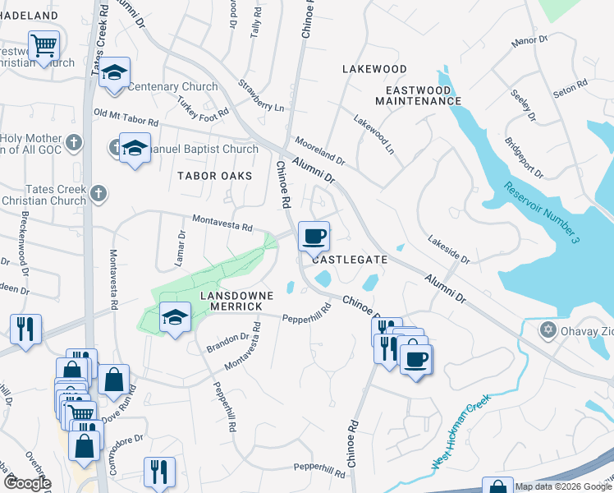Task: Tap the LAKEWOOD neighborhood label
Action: point(374,69)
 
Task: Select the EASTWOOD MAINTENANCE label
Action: point(418,95)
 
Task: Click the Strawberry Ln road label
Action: point(261,96)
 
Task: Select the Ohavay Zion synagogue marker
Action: point(548,329)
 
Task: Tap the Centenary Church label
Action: point(172,86)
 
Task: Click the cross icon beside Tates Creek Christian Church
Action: point(98,193)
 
